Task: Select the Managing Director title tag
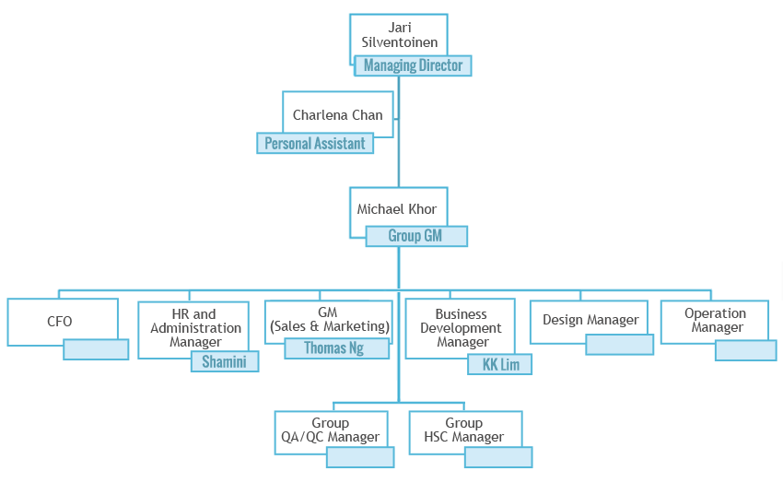[414, 65]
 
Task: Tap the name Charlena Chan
[337, 115]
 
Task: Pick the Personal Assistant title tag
[314, 144]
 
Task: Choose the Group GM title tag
[415, 236]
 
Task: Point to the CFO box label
[60, 322]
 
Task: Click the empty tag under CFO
[96, 349]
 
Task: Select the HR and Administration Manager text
[195, 328]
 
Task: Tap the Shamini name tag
[225, 362]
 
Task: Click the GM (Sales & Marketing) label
[329, 320]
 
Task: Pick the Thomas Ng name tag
[334, 348]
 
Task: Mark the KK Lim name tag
[500, 365]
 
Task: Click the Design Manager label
[590, 320]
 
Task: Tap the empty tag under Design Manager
[619, 345]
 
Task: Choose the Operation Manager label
[715, 320]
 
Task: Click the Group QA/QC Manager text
[330, 430]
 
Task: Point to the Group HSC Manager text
[463, 430]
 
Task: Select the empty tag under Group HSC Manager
[497, 457]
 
